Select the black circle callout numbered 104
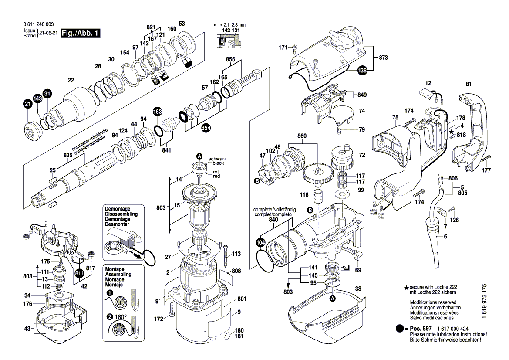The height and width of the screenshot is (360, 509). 261,243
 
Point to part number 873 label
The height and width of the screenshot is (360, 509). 384,58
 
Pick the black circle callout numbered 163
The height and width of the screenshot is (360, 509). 157,112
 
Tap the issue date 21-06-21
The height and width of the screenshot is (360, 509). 48,34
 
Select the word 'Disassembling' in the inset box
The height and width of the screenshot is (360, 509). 121,214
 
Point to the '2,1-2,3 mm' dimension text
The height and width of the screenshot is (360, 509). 235,25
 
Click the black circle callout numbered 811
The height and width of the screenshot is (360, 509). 79,274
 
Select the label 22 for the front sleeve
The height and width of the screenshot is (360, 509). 71,80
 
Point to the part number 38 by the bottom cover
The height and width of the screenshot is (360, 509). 358,289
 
